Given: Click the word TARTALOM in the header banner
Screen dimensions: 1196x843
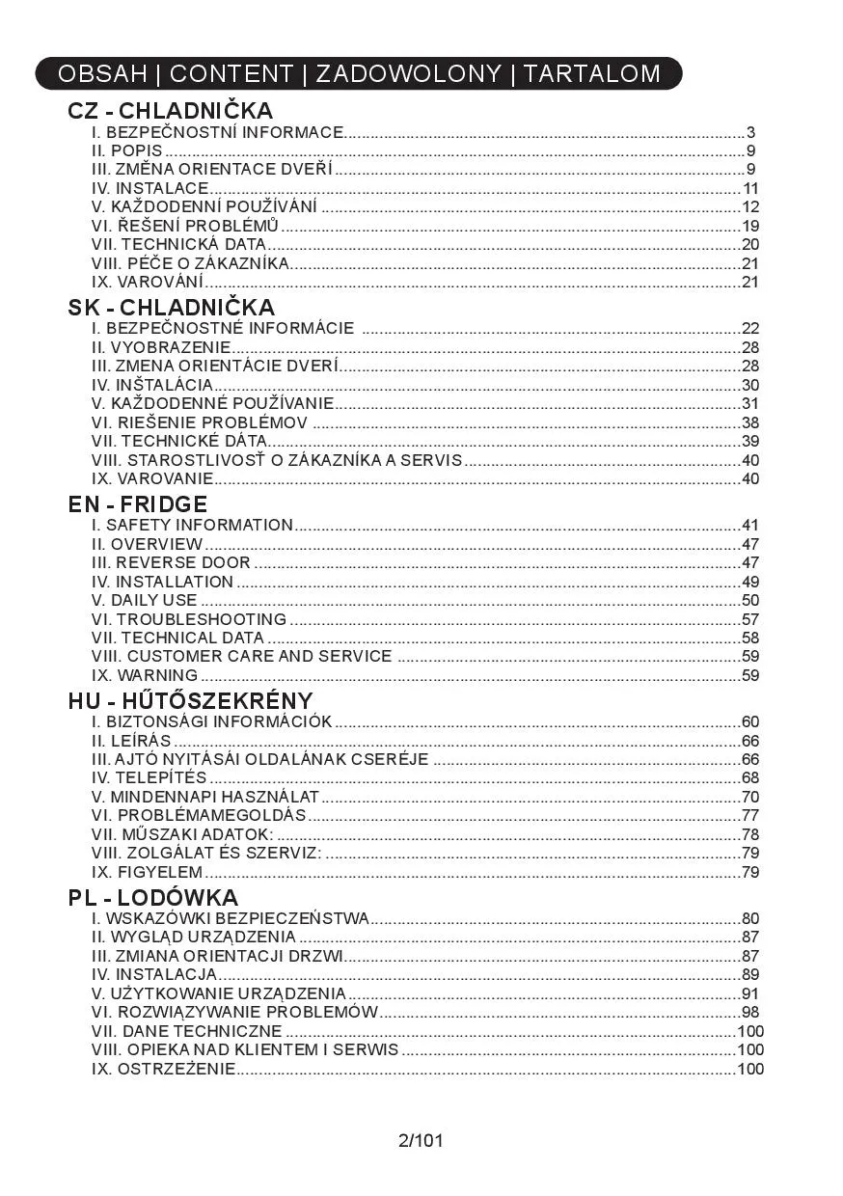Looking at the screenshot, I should point(592,73).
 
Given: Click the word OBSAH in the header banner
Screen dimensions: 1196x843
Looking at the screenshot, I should point(102,73).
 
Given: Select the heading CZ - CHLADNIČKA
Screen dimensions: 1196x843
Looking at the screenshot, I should point(170,111).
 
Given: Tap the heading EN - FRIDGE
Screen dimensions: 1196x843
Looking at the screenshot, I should point(138,503).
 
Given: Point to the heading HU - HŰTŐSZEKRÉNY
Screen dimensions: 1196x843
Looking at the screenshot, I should point(190,700).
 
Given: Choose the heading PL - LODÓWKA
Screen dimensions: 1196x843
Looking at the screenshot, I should point(153,897).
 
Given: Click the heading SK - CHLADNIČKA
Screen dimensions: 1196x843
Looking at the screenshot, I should point(171,308).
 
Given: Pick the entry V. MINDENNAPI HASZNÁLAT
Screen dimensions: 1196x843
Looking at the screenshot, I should point(204,797).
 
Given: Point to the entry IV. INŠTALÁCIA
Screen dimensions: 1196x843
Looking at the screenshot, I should point(151,385).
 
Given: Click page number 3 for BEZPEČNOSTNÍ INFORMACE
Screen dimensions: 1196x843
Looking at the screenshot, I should point(750,132).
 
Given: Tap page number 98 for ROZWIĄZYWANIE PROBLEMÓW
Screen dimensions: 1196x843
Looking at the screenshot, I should point(750,1012).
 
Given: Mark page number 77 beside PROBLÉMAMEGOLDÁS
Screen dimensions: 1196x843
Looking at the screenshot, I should point(750,815).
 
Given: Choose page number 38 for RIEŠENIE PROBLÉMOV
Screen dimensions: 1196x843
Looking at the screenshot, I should point(750,422).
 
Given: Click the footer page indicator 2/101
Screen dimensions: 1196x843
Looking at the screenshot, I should point(421,1141).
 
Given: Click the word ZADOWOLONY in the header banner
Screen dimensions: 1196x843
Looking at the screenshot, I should point(409,73).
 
